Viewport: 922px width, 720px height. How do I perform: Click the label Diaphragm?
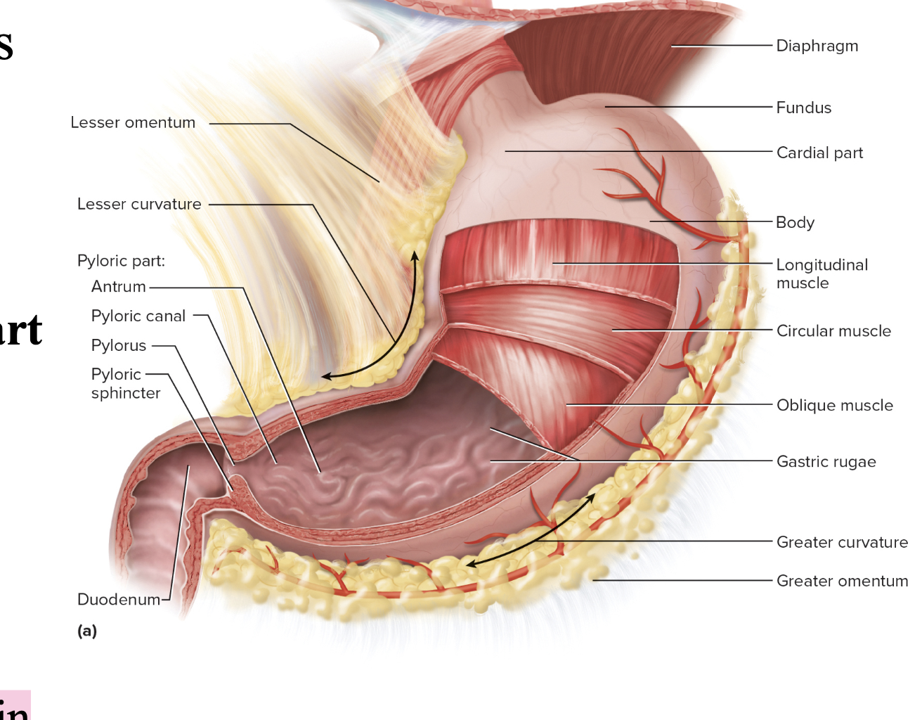[817, 46]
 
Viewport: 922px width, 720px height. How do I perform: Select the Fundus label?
[803, 108]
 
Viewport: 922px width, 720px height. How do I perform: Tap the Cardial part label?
[819, 153]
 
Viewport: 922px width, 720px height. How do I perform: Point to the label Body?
[795, 222]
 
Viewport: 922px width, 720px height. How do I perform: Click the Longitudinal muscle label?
[822, 274]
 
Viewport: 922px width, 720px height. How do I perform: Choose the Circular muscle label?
[833, 331]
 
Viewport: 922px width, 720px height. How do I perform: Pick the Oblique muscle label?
[834, 406]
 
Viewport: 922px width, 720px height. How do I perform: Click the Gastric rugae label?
[826, 462]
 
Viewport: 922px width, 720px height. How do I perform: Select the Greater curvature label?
[842, 543]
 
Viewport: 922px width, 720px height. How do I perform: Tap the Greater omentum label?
[842, 581]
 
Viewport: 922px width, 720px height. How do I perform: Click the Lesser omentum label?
[133, 123]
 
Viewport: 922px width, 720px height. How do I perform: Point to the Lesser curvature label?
[139, 205]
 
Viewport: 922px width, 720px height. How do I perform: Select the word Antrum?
[119, 287]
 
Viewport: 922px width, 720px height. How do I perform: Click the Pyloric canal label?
[138, 316]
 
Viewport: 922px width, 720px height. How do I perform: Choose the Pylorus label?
[119, 346]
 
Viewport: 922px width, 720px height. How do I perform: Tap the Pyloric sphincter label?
[125, 384]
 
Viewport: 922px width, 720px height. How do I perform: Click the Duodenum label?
[119, 600]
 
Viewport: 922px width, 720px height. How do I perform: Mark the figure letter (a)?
[87, 631]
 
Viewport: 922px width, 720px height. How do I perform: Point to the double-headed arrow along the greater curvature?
[534, 531]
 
